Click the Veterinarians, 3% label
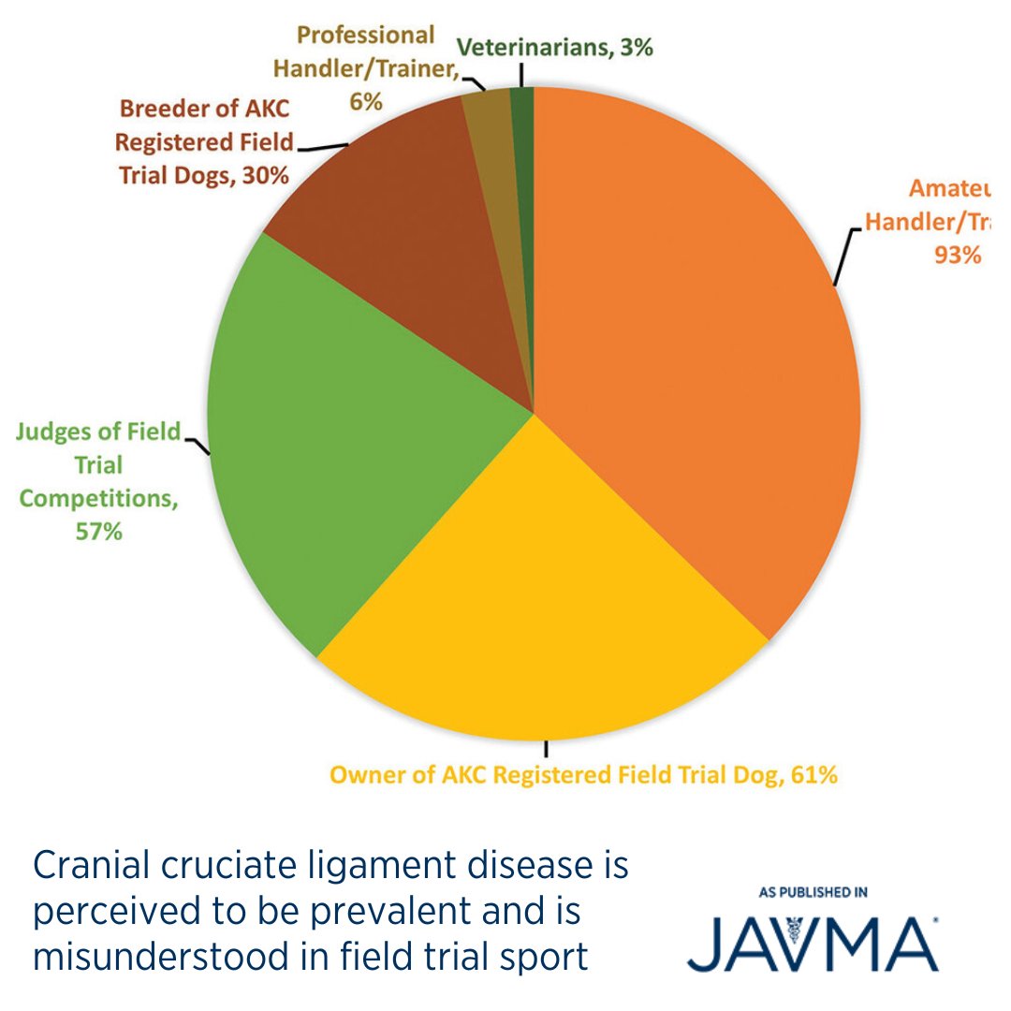pyautogui.click(x=555, y=49)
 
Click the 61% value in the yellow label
pyautogui.click(x=812, y=775)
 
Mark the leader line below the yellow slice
pyautogui.click(x=546, y=748)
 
